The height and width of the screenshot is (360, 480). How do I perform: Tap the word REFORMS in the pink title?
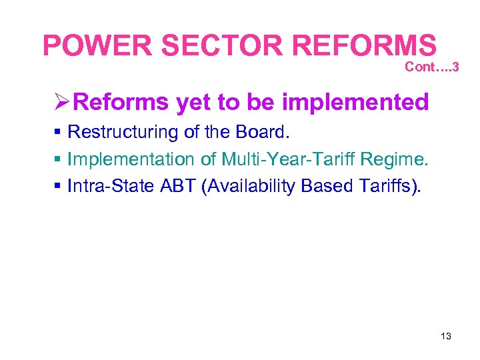(x=365, y=45)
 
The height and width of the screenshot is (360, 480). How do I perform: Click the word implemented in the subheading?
(x=355, y=103)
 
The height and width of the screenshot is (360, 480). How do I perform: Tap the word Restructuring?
(x=123, y=133)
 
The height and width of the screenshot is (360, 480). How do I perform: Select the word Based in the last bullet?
(x=325, y=187)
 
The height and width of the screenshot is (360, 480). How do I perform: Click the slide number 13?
(x=446, y=336)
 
